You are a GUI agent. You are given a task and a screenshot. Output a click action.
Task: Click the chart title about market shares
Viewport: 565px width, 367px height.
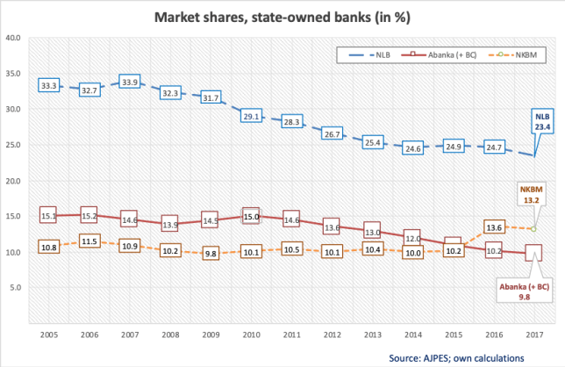coord(282,17)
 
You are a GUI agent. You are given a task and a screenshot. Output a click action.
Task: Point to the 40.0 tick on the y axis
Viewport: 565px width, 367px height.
coord(14,38)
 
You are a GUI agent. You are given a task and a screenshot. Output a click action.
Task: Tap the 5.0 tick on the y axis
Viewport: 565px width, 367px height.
coord(16,287)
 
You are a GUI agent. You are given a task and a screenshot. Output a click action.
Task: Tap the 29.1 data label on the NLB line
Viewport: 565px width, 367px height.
coord(252,116)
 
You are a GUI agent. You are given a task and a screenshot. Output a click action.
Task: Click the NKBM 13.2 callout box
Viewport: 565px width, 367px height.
coord(532,194)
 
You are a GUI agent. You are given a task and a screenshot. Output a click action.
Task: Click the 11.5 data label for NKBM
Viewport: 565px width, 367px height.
coord(89,241)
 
